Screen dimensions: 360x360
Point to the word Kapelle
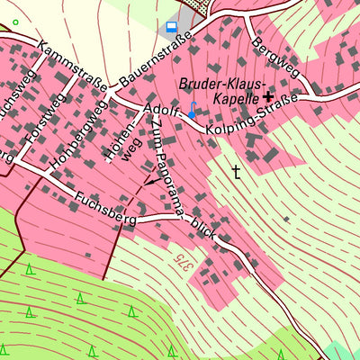coord(237,96)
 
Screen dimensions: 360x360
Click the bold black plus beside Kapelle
coord(268,95)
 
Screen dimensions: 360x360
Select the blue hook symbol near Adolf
coord(192,111)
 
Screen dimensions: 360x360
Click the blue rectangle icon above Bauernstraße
coord(172,26)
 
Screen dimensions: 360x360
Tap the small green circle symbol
coord(15,22)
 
